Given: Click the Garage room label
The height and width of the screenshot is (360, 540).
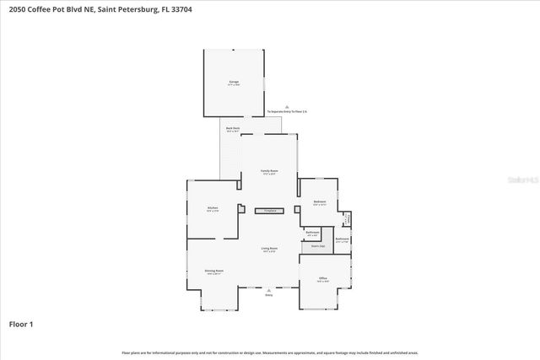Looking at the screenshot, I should pyautogui.click(x=234, y=83).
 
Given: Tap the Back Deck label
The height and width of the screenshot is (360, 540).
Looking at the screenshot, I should pyautogui.click(x=233, y=129).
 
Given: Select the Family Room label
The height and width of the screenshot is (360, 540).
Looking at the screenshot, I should pyautogui.click(x=269, y=172).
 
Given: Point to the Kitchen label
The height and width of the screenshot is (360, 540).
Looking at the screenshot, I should pyautogui.click(x=213, y=209).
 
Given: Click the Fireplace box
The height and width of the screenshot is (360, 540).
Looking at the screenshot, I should pyautogui.click(x=270, y=210).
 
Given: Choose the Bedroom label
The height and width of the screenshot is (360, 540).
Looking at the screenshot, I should pyautogui.click(x=320, y=202).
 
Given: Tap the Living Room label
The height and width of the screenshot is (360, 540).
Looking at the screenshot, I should pyautogui.click(x=269, y=250).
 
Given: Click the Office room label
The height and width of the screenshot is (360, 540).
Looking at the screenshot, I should pyautogui.click(x=322, y=280).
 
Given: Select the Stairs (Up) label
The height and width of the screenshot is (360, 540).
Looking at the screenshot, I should pyautogui.click(x=318, y=246).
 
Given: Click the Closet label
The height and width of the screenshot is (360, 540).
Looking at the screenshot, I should pyautogui.click(x=347, y=219).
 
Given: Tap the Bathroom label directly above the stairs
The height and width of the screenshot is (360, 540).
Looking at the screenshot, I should pyautogui.click(x=312, y=233).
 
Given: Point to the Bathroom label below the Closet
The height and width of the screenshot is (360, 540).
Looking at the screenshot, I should pyautogui.click(x=342, y=240).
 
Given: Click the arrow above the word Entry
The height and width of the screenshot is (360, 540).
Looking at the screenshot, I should pyautogui.click(x=269, y=289).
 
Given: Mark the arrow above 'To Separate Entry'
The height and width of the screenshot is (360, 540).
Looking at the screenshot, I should pyautogui.click(x=287, y=106).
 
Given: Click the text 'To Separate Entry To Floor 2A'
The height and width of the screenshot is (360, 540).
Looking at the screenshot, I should pyautogui.click(x=287, y=111).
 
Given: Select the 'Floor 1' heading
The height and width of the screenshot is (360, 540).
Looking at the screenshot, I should pyautogui.click(x=20, y=324).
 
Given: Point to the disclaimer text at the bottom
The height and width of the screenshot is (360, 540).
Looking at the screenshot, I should pyautogui.click(x=269, y=352).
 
